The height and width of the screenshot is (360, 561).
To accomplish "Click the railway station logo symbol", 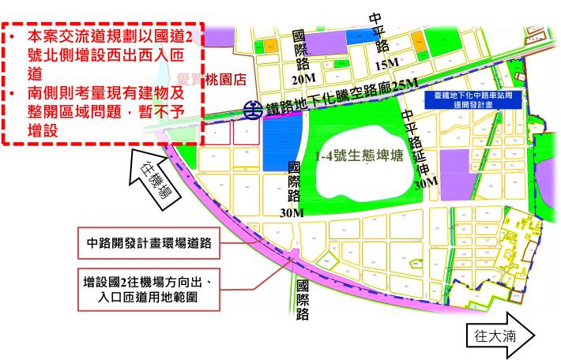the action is [252, 108].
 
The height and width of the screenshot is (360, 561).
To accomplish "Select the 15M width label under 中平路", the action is [388, 64].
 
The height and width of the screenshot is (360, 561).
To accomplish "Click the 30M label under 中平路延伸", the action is [425, 182].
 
